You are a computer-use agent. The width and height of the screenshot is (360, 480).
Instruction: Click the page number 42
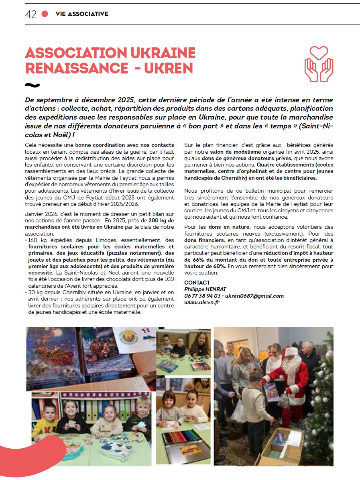tap(31, 14)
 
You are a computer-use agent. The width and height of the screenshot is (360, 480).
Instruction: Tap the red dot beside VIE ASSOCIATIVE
tap(45, 14)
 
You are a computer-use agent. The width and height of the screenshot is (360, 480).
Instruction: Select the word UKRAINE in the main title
tap(162, 53)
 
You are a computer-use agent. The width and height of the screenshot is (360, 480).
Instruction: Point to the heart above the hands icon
tap(319, 53)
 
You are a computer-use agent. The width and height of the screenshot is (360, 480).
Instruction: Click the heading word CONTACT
tap(197, 283)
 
